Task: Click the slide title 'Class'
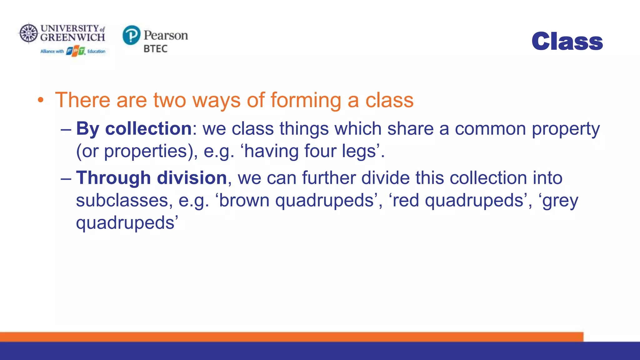pyautogui.click(x=567, y=41)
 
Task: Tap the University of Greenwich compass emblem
pyautogui.click(x=28, y=33)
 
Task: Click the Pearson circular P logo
pyautogui.click(x=131, y=35)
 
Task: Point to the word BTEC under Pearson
pyautogui.click(x=155, y=49)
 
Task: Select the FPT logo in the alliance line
pyautogui.click(x=75, y=51)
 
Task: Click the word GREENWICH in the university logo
pyautogui.click(x=72, y=37)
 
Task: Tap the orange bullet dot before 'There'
pyautogui.click(x=40, y=101)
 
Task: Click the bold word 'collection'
pyautogui.click(x=148, y=128)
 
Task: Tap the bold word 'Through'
pyautogui.click(x=113, y=178)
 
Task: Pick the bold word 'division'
pyautogui.click(x=192, y=178)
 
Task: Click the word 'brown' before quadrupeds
pyautogui.click(x=244, y=200)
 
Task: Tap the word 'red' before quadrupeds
pyautogui.click(x=405, y=200)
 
